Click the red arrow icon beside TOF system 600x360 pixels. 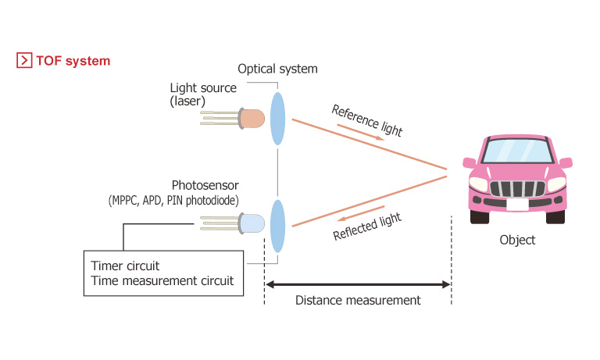[24, 60]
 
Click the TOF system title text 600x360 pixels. [73, 61]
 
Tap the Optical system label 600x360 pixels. [277, 69]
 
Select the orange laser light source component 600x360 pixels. [232, 118]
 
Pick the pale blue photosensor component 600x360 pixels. [232, 223]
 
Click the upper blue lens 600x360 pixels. [277, 119]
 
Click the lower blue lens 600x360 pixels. [277, 226]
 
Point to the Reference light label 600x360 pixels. [366, 120]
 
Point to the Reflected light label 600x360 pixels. [367, 226]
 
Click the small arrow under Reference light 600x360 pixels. [360, 133]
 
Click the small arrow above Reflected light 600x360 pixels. [360, 213]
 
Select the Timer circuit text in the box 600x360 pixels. [125, 266]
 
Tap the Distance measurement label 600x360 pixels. [358, 301]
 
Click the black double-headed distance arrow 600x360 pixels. [358, 284]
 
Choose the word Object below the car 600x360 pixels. [517, 241]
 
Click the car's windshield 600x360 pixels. [517, 151]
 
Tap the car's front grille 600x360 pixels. [517, 189]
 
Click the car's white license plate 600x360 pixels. [517, 205]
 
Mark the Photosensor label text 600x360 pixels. [205, 186]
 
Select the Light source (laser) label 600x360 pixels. [203, 94]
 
